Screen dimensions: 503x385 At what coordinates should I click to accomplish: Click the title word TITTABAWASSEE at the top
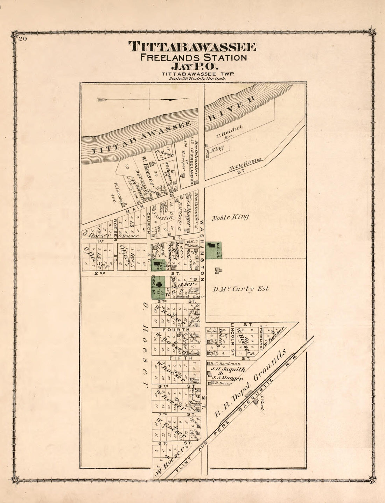click(x=192, y=47)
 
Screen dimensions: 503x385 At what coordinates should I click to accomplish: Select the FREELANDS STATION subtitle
click(x=193, y=57)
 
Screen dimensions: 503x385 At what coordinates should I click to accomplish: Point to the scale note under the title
click(x=197, y=79)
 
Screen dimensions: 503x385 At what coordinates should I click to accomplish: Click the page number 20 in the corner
click(x=23, y=39)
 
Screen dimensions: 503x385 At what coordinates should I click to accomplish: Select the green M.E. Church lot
click(x=213, y=251)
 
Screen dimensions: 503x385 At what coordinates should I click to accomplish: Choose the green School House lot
click(x=158, y=287)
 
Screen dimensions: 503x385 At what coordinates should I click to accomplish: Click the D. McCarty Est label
click(x=241, y=289)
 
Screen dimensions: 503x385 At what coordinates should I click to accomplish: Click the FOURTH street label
click(x=176, y=330)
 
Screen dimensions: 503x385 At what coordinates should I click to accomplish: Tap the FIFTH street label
click(x=176, y=358)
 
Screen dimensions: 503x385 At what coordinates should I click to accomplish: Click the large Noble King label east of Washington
click(x=230, y=217)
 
